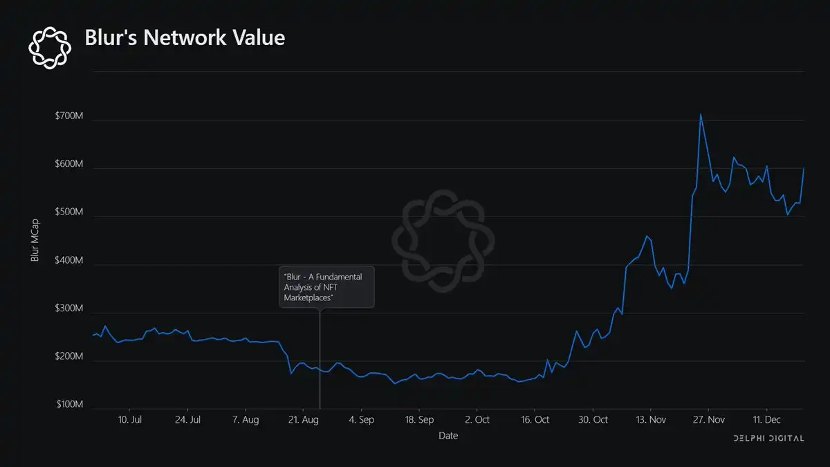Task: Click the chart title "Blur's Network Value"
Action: click(184, 37)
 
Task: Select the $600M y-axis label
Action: click(69, 165)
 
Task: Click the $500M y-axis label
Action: click(69, 213)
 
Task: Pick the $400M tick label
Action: click(69, 262)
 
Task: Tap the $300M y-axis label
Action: click(69, 309)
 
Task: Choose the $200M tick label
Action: click(69, 358)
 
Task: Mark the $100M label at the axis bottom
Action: click(69, 405)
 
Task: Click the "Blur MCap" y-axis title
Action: click(35, 240)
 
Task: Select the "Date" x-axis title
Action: click(448, 436)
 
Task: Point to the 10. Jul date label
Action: click(130, 420)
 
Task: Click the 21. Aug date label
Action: click(304, 420)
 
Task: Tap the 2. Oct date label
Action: click(477, 420)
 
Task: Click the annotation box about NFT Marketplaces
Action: click(326, 286)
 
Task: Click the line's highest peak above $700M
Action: click(701, 115)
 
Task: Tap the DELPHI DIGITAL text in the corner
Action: click(768, 439)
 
